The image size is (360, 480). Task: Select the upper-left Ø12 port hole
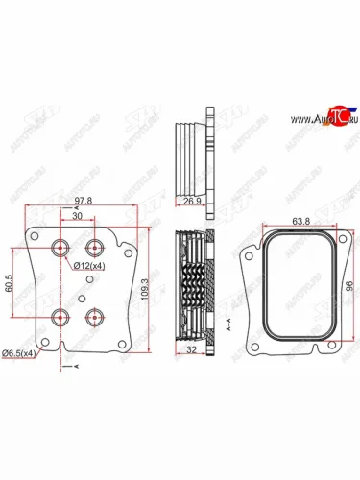tap(63, 246)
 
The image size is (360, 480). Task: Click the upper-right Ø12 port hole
tap(94, 246)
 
